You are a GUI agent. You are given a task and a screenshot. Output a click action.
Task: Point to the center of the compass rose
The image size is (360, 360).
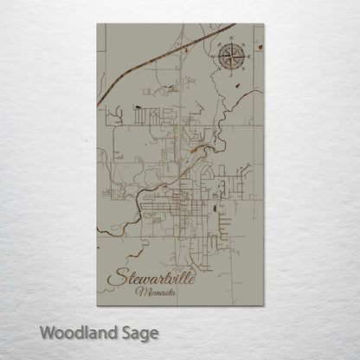click(x=231, y=57)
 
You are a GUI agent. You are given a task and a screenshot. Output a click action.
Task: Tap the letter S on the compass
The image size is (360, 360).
click(x=231, y=74)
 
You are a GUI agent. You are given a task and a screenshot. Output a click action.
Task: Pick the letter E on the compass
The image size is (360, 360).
click(x=247, y=57)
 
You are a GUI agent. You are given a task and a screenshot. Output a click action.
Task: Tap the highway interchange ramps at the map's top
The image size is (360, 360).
click(x=184, y=50)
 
